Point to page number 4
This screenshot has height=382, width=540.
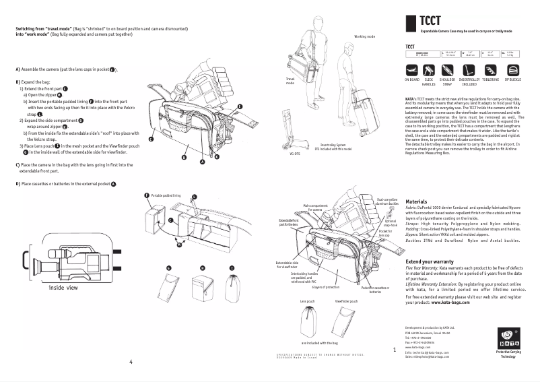pos(131,361)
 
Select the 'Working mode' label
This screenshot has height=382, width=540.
pos(364,36)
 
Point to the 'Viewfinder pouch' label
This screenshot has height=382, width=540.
pos(345,301)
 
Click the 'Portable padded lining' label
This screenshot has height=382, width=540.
pos(166,194)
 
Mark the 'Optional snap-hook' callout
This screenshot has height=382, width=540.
pos(389,223)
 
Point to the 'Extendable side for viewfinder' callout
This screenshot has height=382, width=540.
pos(288,264)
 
